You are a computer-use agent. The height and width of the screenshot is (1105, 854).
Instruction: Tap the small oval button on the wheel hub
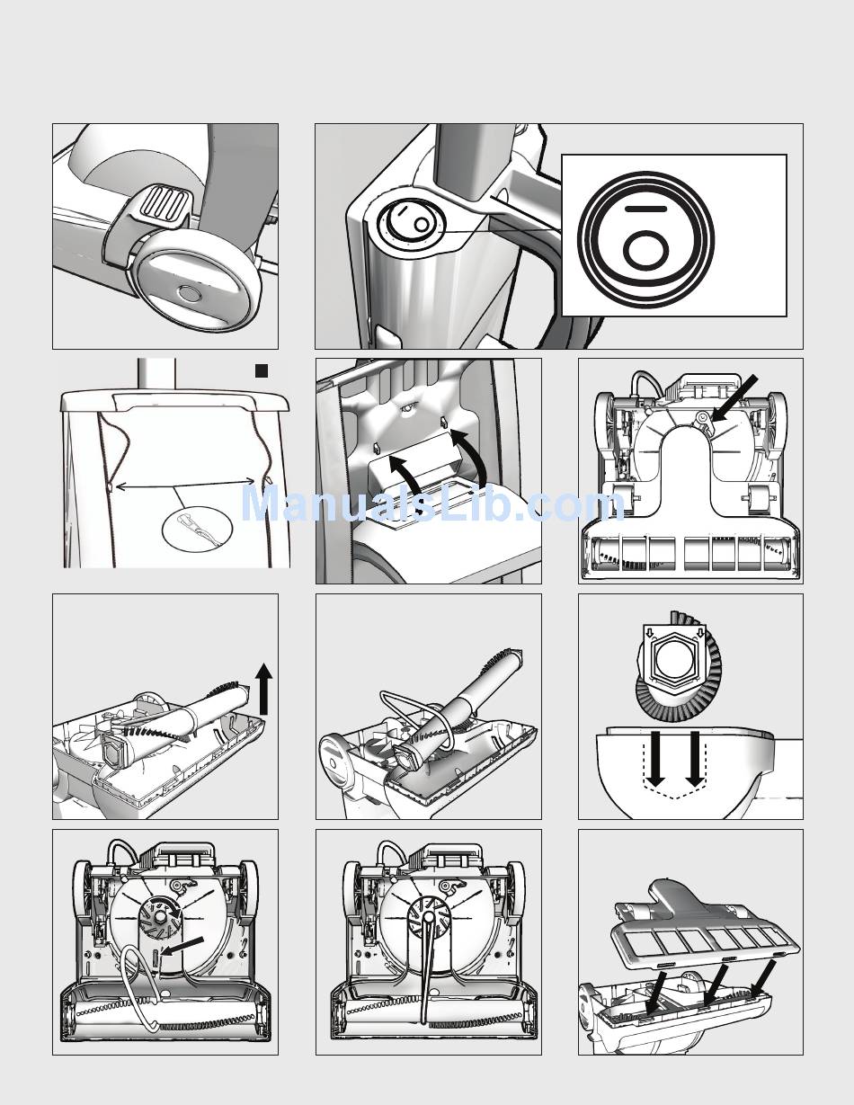click(x=190, y=293)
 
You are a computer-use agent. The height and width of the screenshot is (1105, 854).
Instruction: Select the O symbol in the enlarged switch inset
click(x=645, y=250)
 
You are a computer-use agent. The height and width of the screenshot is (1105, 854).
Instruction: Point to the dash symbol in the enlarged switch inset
click(x=645, y=209)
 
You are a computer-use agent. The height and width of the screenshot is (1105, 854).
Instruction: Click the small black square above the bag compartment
click(x=262, y=370)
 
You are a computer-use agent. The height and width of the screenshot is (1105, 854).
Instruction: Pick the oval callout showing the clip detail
click(x=197, y=528)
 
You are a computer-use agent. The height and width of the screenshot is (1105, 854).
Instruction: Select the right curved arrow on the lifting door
click(x=470, y=454)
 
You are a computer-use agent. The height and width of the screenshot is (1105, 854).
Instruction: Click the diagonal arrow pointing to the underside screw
click(x=735, y=398)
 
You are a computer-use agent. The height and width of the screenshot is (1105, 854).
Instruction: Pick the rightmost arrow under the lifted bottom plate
click(x=762, y=979)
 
